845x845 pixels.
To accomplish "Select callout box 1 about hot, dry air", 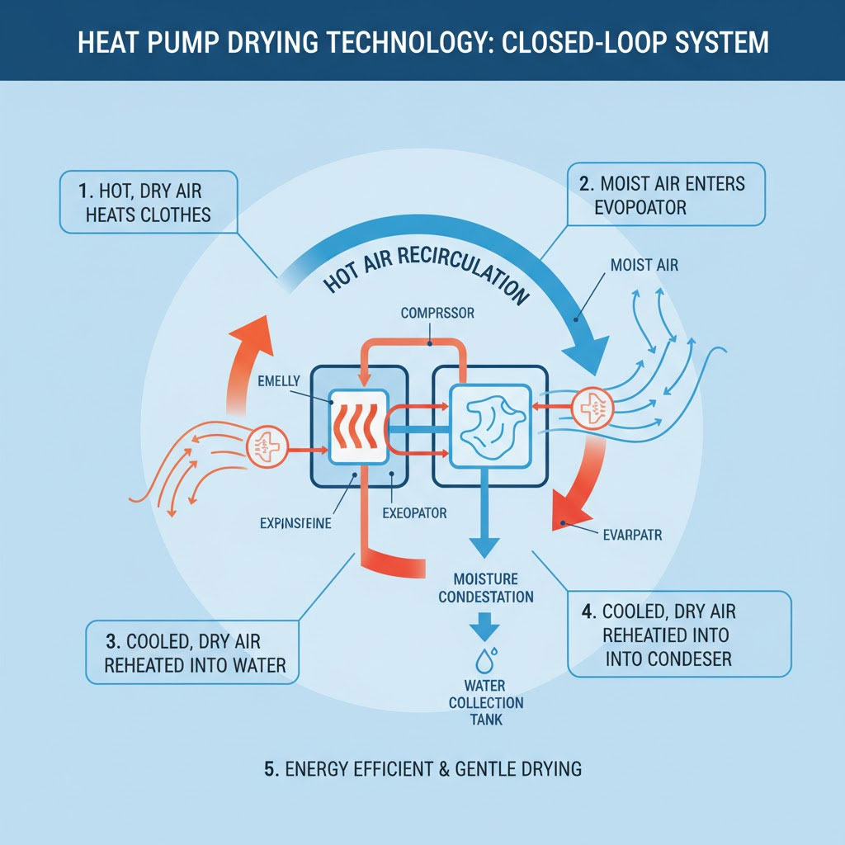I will [x=148, y=203].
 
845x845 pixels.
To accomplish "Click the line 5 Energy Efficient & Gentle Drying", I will [x=422, y=769].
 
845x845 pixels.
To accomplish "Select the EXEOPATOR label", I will [x=414, y=513].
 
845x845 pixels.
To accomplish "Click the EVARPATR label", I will [x=627, y=534].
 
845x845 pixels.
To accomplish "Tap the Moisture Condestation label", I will [x=486, y=588].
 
